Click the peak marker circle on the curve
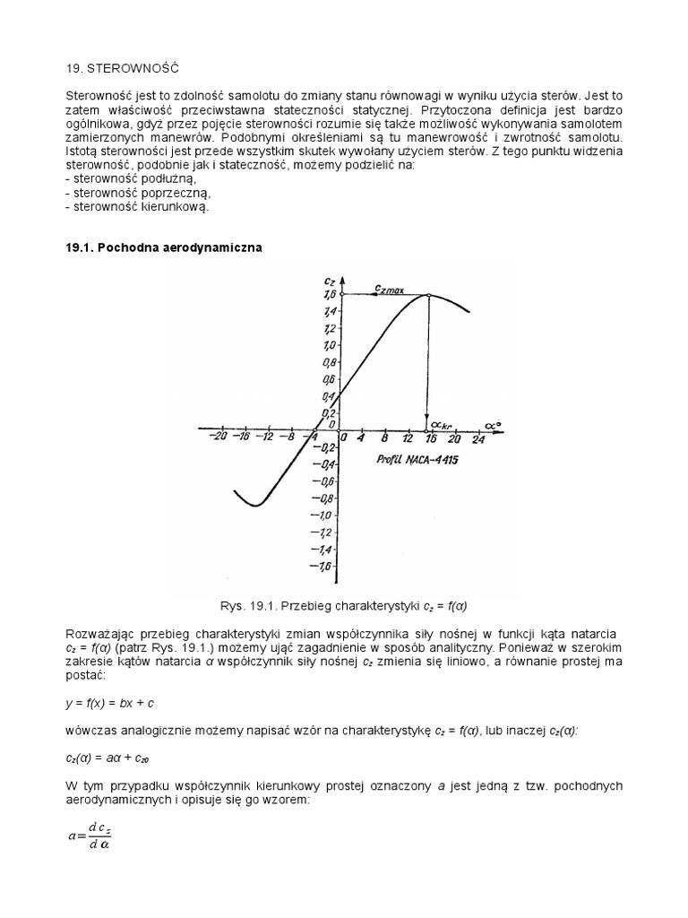tap(428, 296)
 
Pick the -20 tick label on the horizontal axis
tap(216, 438)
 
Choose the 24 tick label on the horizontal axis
tap(477, 438)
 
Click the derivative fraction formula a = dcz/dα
tap(90, 836)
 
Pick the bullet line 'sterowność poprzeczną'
tap(139, 193)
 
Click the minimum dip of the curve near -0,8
tap(254, 506)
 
